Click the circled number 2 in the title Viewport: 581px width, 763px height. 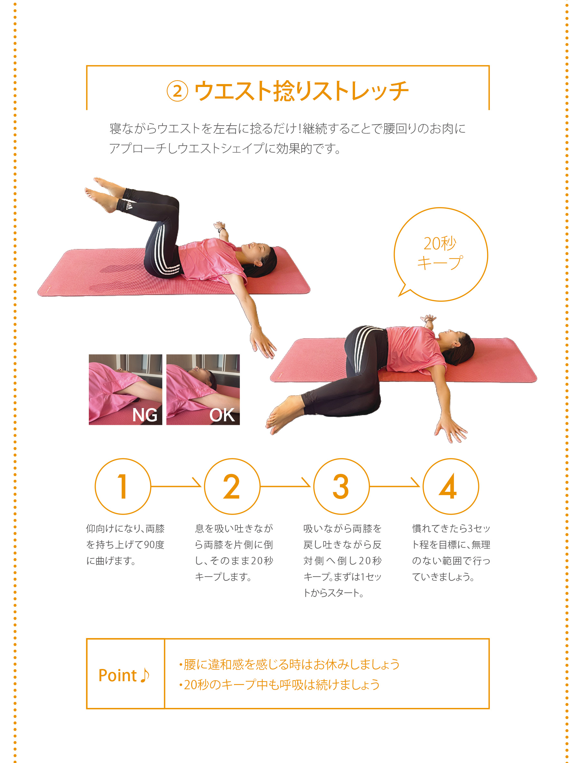click(177, 91)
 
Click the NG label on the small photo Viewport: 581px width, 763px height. click(145, 415)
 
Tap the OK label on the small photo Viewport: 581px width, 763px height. click(222, 415)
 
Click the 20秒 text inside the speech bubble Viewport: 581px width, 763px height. click(440, 243)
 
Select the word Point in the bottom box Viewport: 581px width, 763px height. click(117, 675)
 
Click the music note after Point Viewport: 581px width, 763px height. click(145, 675)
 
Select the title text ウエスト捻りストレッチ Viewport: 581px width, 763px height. click(302, 91)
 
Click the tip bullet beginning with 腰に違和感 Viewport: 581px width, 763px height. click(289, 664)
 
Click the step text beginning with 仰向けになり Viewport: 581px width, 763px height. click(125, 545)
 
